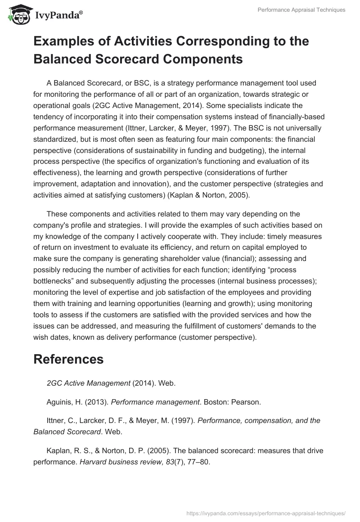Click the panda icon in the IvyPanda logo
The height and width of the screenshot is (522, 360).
17,14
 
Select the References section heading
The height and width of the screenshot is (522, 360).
68,359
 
